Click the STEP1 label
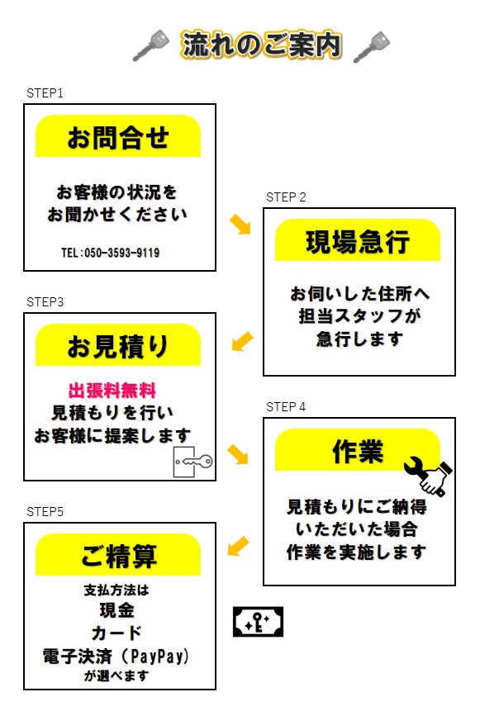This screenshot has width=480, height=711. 45,93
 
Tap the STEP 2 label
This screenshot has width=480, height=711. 286,197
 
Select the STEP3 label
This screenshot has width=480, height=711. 45,302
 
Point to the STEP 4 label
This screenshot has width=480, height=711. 286,407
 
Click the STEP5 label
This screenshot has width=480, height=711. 45,512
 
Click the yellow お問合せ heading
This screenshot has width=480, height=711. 118,136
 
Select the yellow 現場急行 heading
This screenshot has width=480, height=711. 358,240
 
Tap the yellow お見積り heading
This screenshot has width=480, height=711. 118,345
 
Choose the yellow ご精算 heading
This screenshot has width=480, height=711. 118,555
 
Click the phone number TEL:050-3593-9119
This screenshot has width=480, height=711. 110,253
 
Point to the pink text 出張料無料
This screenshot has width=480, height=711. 112,391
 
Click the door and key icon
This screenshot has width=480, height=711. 192,462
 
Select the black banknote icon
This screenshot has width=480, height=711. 258,622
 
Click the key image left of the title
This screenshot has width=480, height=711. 150,45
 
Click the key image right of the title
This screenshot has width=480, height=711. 372,47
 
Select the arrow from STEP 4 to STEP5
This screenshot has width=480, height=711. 238,547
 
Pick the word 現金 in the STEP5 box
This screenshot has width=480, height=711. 117,610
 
